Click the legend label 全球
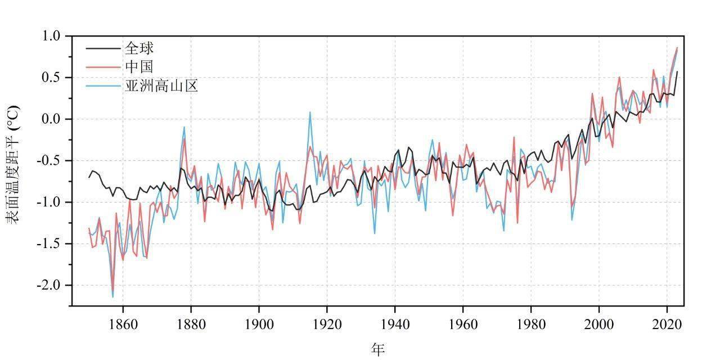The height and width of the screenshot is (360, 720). (139, 48)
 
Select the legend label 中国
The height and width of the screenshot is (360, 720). (139, 67)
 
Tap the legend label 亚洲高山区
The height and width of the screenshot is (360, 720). (161, 86)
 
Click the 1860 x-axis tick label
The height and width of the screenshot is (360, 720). (123, 325)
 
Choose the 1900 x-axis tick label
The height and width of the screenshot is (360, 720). (259, 325)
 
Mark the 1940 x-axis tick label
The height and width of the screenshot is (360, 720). (395, 325)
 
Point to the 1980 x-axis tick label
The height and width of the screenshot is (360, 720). (531, 325)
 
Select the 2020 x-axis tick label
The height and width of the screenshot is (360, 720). (667, 325)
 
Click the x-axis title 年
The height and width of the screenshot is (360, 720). (378, 349)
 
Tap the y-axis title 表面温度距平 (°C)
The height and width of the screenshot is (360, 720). (13, 164)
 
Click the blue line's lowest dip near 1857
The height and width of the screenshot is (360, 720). (112, 296)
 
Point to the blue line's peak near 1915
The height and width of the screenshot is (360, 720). (310, 112)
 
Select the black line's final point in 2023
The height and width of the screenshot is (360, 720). (677, 71)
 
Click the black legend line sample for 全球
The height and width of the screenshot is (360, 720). (103, 48)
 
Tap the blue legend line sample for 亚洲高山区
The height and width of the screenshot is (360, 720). (103, 86)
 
